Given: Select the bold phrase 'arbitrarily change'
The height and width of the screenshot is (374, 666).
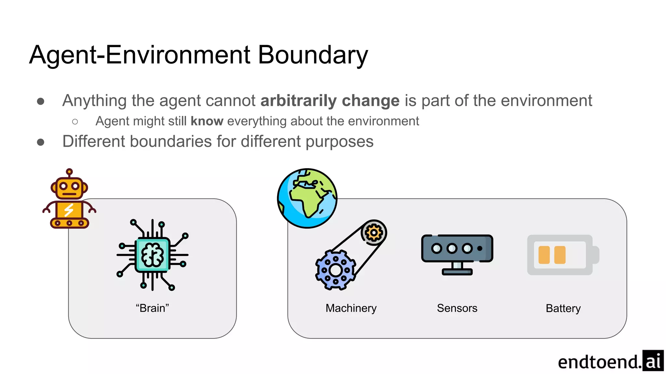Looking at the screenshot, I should pos(330,101).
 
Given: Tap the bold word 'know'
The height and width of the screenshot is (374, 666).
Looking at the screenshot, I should pos(207,121).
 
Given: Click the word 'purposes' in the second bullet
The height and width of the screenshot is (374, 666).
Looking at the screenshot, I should pos(339,142).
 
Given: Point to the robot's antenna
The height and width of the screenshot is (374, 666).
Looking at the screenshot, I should pos(69,172).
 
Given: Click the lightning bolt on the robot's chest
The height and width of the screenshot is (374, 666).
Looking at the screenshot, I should pos(69,210).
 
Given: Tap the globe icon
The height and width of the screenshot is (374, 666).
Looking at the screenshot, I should pos(307,198).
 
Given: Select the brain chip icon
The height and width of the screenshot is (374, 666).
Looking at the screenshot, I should pos(153,255).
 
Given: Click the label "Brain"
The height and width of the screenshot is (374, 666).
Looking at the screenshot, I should pos(153,308).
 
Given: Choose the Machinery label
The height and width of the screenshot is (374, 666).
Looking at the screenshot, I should pos(351,308).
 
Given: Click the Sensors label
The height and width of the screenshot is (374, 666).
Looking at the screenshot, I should pos(457,308).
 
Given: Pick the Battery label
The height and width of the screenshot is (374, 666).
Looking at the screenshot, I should pos(563,308).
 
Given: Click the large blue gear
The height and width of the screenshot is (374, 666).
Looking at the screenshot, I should pos(335,270).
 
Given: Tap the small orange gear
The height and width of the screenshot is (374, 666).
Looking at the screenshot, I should pos(374,232).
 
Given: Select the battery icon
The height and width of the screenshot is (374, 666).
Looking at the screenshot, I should pos(563,255).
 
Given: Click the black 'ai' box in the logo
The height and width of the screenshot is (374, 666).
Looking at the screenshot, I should pos(653,361).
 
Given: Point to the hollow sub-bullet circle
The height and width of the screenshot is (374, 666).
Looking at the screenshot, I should pos(75,122).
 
